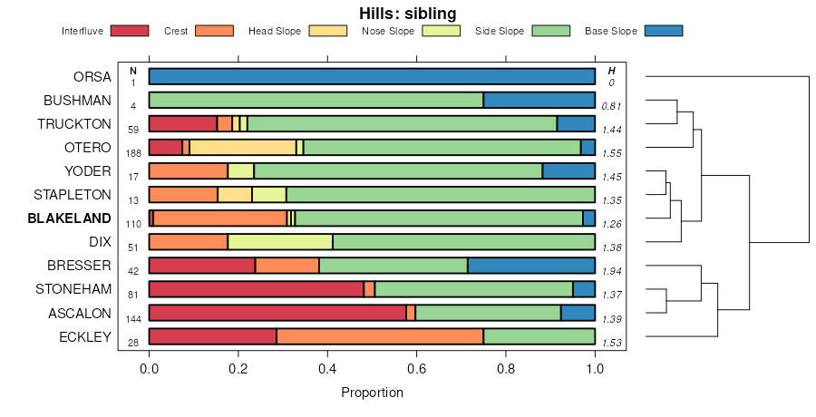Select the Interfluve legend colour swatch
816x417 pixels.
click(x=129, y=31)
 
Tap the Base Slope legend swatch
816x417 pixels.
click(x=663, y=31)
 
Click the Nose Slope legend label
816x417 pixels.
click(x=387, y=31)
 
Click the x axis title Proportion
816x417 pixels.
click(x=372, y=393)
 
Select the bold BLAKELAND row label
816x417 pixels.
click(x=69, y=218)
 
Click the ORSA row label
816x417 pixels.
click(x=92, y=77)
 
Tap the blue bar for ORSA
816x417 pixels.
click(x=372, y=77)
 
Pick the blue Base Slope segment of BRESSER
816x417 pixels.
click(x=531, y=266)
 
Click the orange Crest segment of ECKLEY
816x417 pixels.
click(x=380, y=336)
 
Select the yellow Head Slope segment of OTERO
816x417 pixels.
click(x=243, y=148)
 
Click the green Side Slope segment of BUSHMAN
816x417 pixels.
click(x=316, y=101)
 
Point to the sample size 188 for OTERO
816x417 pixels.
click(x=133, y=153)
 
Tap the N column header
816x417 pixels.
click(x=133, y=71)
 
